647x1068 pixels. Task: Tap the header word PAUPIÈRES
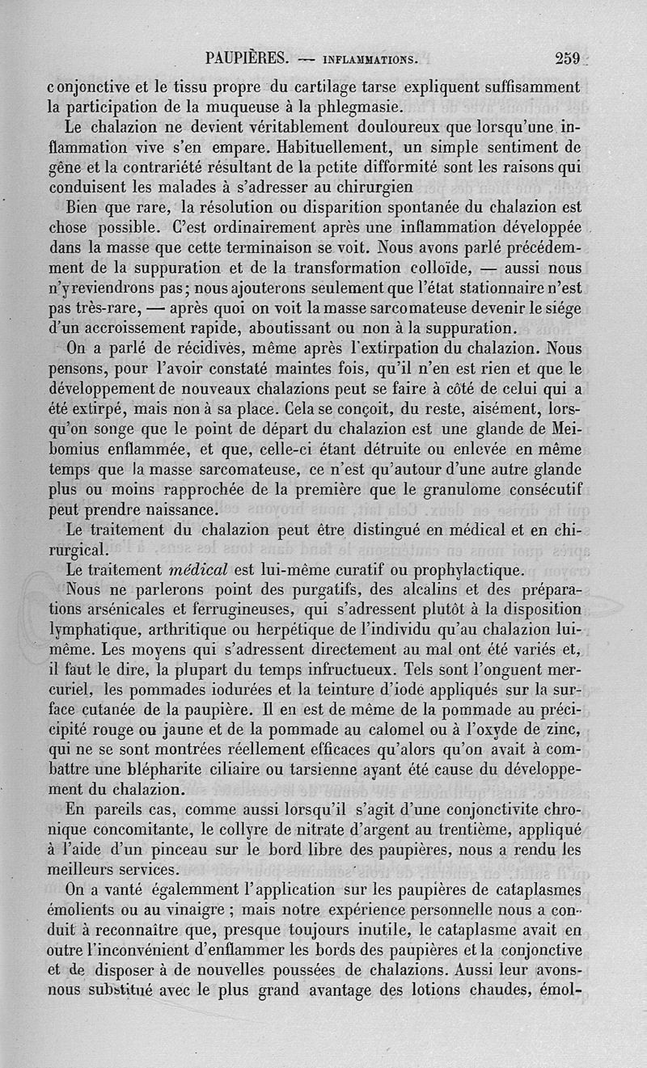[x=247, y=58]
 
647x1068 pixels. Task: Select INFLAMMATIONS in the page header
[x=369, y=59]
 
